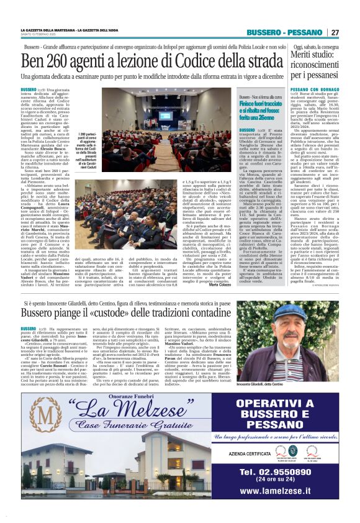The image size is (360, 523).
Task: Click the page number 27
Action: click(x=335, y=32)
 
